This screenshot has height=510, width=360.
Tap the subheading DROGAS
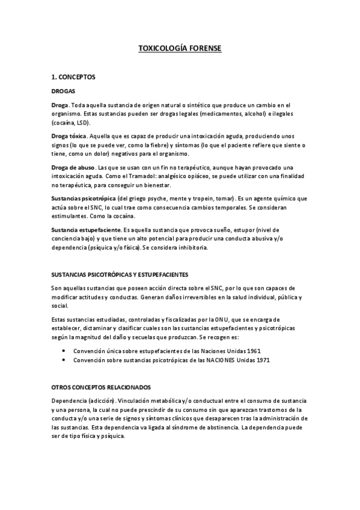63,91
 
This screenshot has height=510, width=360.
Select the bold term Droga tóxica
69,136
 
